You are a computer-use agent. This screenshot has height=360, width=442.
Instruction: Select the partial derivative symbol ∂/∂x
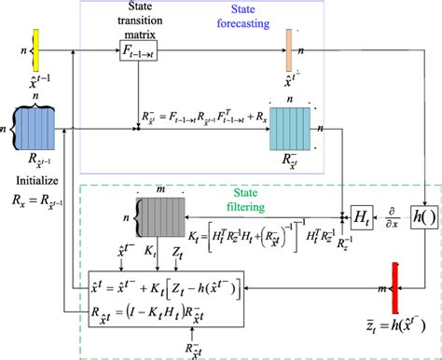click(x=394, y=216)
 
